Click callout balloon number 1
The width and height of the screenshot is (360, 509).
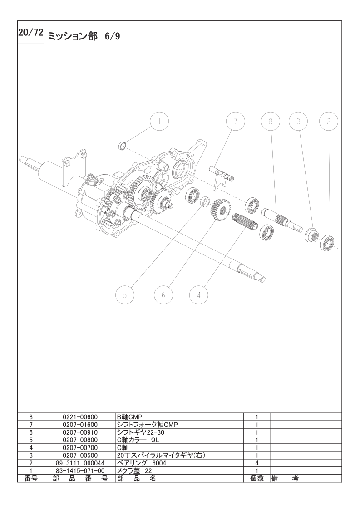(x=159, y=122)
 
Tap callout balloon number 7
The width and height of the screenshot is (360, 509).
(x=235, y=122)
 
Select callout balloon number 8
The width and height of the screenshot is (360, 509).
(x=271, y=122)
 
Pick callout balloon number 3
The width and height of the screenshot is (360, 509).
(x=298, y=122)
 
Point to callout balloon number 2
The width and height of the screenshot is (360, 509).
(x=328, y=122)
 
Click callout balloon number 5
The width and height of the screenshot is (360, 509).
(x=125, y=295)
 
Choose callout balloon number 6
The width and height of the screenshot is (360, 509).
(x=163, y=295)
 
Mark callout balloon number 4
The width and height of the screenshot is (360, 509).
(x=198, y=295)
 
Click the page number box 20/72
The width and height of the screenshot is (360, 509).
(x=30, y=33)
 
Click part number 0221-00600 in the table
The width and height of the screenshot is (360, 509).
(x=80, y=416)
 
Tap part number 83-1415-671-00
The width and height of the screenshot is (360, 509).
(x=80, y=470)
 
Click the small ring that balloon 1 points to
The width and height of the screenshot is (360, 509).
(x=122, y=146)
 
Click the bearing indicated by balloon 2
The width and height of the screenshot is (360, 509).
(x=328, y=243)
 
